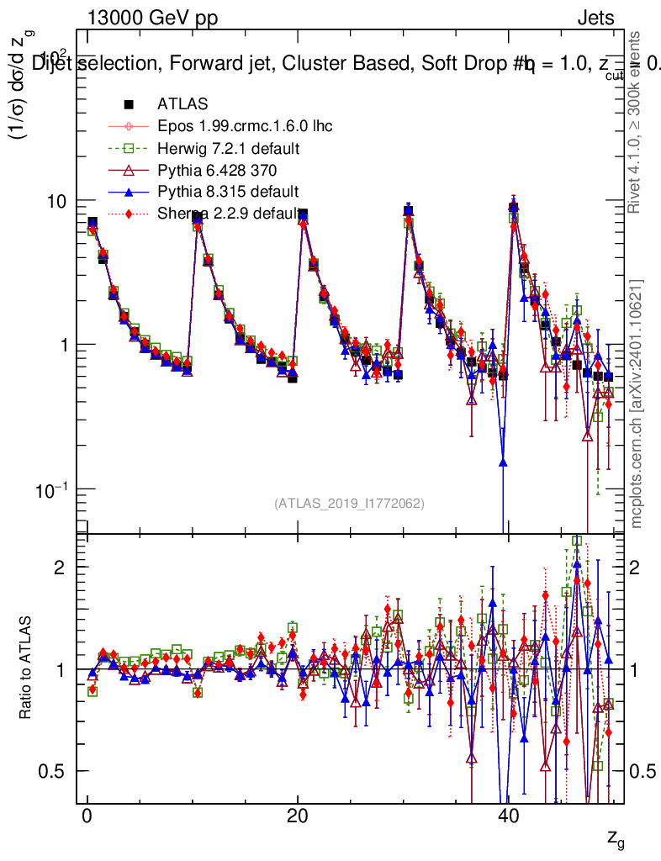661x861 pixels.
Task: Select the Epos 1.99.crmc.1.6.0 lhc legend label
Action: pyautogui.click(x=245, y=127)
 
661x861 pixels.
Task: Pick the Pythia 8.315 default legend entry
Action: pyautogui.click(x=227, y=192)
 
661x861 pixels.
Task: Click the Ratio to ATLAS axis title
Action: pyautogui.click(x=26, y=669)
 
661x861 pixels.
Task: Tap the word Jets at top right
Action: pyautogui.click(x=595, y=18)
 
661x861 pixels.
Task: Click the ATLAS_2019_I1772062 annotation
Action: pyautogui.click(x=349, y=504)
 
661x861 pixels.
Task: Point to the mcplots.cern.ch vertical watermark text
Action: pyautogui.click(x=637, y=404)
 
